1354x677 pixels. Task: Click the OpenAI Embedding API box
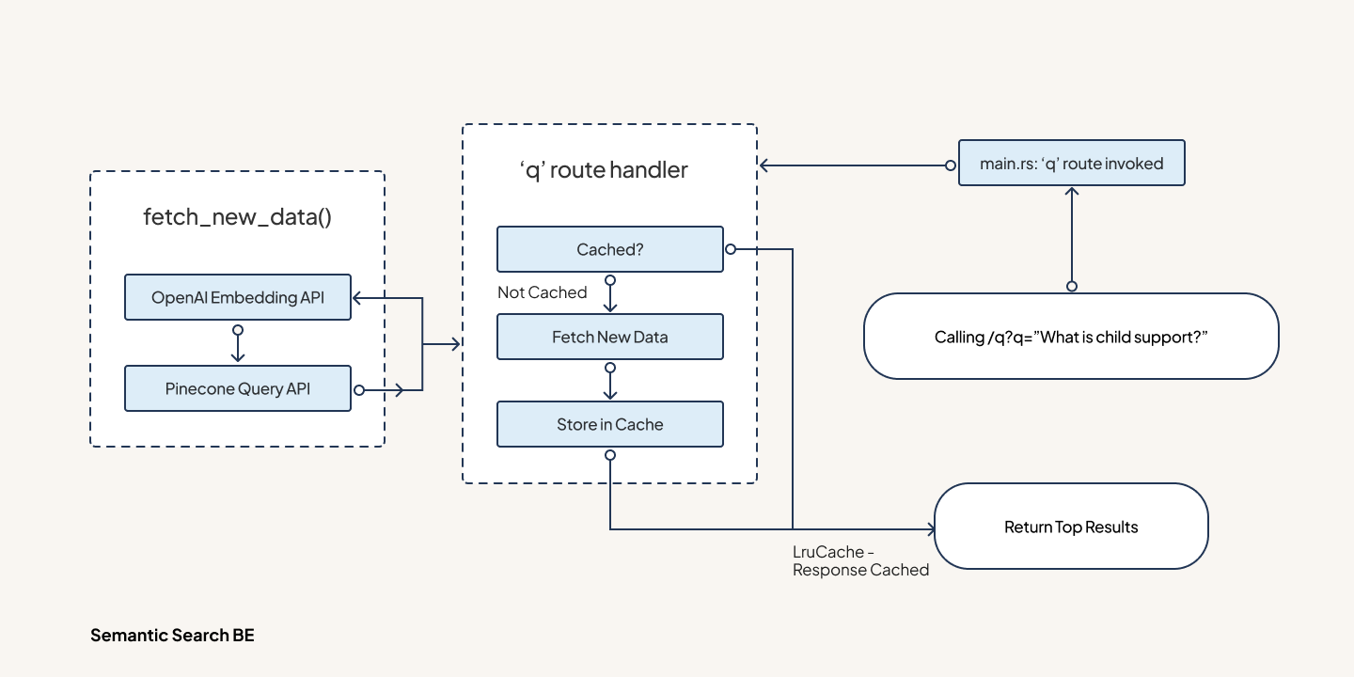pyautogui.click(x=237, y=297)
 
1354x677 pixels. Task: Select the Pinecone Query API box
pyautogui.click(x=237, y=388)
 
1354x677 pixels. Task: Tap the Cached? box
pyautogui.click(x=609, y=249)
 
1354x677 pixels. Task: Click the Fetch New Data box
pyautogui.click(x=609, y=337)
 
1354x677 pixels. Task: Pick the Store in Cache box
pyautogui.click(x=609, y=424)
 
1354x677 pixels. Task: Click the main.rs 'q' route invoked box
pyautogui.click(x=1071, y=164)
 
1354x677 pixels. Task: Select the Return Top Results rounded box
pyautogui.click(x=1071, y=527)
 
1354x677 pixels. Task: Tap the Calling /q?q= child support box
pyautogui.click(x=1071, y=337)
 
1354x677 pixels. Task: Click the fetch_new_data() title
pyautogui.click(x=237, y=217)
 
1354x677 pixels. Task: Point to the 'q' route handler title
pyautogui.click(x=603, y=170)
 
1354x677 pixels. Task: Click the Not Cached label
pyautogui.click(x=542, y=292)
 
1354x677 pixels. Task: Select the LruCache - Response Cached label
pyautogui.click(x=860, y=561)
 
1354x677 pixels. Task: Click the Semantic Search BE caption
pyautogui.click(x=172, y=636)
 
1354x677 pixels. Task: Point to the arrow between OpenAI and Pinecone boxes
pyautogui.click(x=238, y=346)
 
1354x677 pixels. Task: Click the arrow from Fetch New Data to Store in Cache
pyautogui.click(x=610, y=384)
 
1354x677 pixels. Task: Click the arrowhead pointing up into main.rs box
pyautogui.click(x=1071, y=191)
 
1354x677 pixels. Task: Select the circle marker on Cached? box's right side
pyautogui.click(x=730, y=249)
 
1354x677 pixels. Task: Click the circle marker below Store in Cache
pyautogui.click(x=610, y=455)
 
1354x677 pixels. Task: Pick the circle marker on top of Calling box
pyautogui.click(x=1071, y=286)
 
